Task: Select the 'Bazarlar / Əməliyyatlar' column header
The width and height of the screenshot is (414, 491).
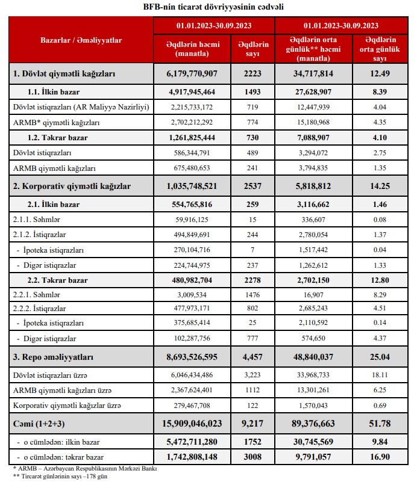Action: [x=81, y=40]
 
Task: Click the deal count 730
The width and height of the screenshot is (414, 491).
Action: [x=253, y=138]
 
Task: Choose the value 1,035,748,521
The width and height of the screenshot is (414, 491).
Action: [x=192, y=187]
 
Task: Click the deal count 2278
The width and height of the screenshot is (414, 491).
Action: [x=253, y=280]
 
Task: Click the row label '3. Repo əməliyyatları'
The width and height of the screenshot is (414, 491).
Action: [x=53, y=357]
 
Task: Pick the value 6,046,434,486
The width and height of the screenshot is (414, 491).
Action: [x=192, y=375]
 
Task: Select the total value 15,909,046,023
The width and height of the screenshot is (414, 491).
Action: [x=192, y=424]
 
